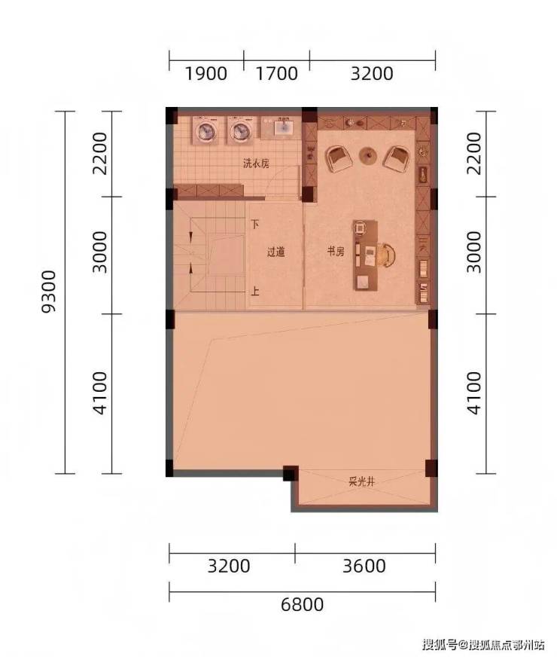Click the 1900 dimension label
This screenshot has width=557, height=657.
coord(206,74)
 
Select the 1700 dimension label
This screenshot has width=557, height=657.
coord(276,74)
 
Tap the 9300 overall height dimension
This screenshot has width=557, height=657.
coord(49,292)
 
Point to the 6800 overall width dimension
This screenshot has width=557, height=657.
coord(302,604)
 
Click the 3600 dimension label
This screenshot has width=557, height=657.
coord(364,566)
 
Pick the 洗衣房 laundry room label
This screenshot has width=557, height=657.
coord(256,163)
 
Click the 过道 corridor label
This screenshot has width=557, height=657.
coord(275,252)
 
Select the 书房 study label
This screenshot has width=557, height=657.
coord(336,252)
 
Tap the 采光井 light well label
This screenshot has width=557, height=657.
coord(361,482)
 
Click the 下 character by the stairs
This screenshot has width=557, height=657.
coord(255,225)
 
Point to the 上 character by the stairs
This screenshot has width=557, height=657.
coord(255,290)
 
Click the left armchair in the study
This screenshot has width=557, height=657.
coord(339,158)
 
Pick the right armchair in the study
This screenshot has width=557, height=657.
coord(397,158)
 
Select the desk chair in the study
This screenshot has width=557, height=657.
coord(388,255)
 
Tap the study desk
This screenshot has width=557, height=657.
coord(366,255)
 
